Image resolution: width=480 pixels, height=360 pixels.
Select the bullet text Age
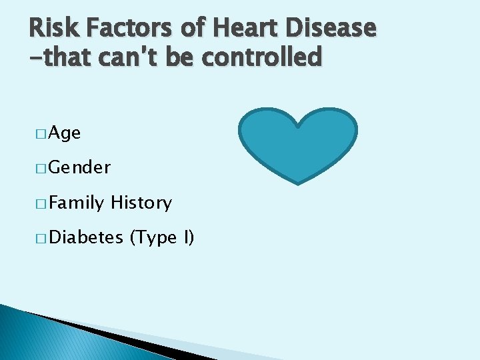coord(65,133)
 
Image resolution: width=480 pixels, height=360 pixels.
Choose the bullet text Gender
coord(79,168)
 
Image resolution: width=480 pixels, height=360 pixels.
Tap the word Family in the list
coord(76,203)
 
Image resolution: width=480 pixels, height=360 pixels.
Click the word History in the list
coord(141,203)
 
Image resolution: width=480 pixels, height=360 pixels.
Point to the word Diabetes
coord(86,237)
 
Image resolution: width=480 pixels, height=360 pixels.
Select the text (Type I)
coord(162,237)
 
